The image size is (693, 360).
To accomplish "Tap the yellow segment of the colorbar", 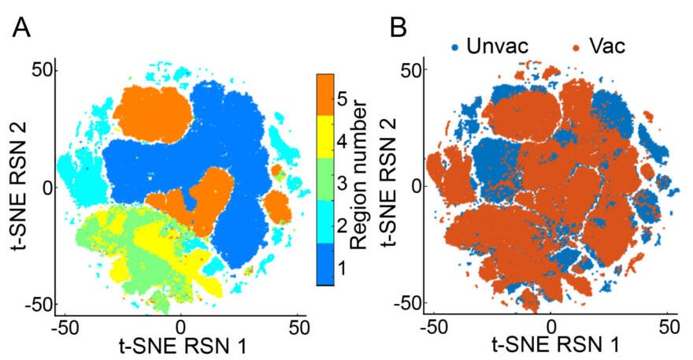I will pyautogui.click(x=327, y=137).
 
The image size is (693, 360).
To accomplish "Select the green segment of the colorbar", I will pyautogui.click(x=327, y=179).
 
